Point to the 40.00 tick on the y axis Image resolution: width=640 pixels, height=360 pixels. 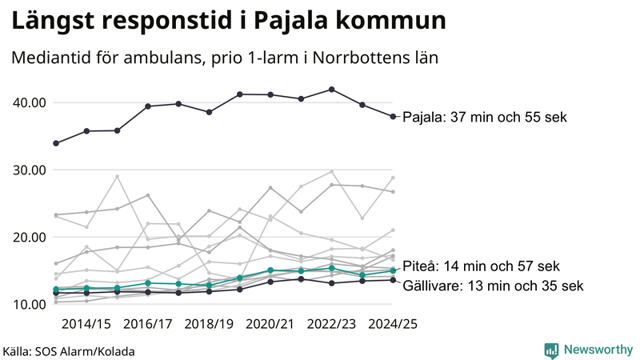[x=29, y=102]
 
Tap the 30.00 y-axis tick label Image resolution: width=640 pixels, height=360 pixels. [x=29, y=170]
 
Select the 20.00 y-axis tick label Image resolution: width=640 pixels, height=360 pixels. [x=29, y=237]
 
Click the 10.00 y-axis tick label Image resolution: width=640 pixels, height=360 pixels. [x=29, y=304]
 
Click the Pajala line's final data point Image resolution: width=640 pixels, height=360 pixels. [x=393, y=117]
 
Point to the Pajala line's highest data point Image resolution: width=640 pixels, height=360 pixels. [x=332, y=90]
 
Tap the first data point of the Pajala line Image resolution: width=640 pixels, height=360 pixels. [x=56, y=143]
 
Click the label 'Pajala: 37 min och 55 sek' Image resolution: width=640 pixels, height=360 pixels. [x=484, y=118]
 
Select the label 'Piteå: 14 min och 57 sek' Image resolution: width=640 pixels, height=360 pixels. [x=481, y=266]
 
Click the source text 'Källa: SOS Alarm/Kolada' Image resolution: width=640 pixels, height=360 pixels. [x=69, y=351]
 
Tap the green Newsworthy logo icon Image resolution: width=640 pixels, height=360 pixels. [x=551, y=350]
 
